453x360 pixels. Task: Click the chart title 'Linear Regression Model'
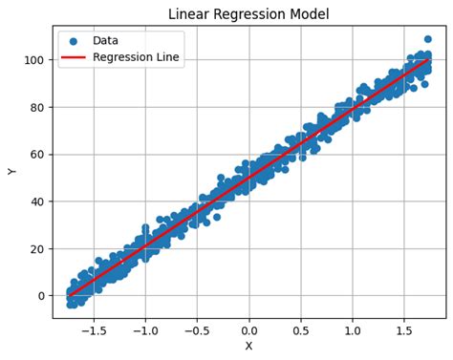click(248, 14)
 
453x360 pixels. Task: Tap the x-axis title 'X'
click(248, 346)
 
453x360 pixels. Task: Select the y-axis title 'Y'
click(12, 171)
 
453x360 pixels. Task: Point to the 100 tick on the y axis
click(36, 60)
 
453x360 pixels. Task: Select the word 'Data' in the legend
click(106, 42)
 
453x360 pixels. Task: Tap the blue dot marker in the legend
click(74, 42)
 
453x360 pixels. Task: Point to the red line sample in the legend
click(74, 58)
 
